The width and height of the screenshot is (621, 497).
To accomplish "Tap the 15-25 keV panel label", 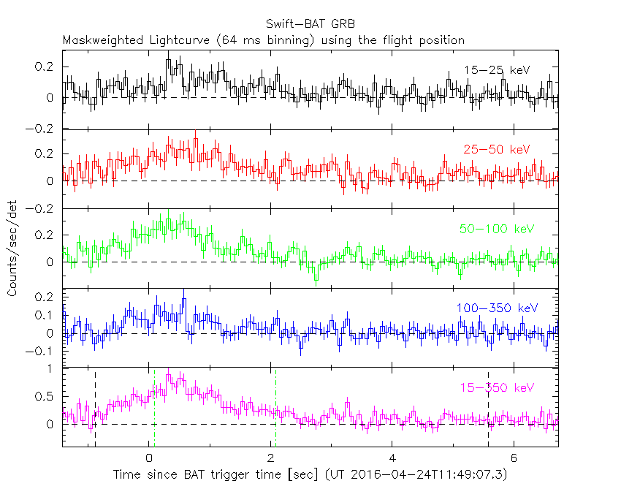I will coord(496,70).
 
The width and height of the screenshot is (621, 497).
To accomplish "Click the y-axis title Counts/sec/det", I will coord(12,248).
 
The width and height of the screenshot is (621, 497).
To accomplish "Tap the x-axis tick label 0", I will coord(149,458).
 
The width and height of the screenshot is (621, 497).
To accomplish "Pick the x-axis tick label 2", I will coord(271,458).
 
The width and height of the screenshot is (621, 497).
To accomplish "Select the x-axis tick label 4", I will coord(392,458).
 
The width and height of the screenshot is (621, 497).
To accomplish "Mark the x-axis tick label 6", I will coord(514,458).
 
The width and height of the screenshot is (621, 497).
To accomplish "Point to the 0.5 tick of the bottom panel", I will coord(44,397).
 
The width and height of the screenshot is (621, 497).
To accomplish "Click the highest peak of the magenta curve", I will coord(169,373).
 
